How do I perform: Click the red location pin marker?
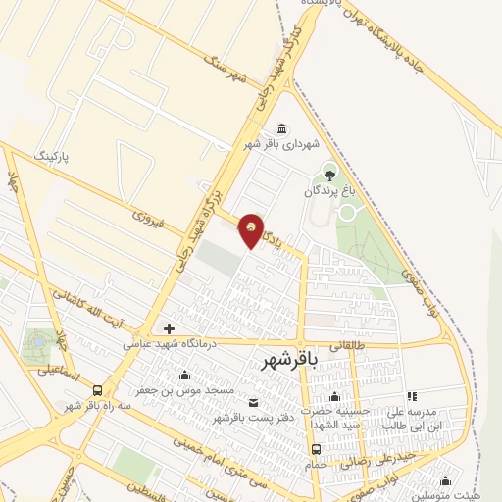point(252,229)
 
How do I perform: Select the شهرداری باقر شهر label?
point(282,144)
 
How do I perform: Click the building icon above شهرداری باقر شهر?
point(282,128)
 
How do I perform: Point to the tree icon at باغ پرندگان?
point(329,175)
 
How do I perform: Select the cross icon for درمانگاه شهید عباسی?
point(169,328)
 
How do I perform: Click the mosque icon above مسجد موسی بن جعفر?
point(185,375)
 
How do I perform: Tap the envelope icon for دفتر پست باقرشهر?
point(254,403)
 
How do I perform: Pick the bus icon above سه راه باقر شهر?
point(97,390)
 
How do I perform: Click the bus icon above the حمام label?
point(316,448)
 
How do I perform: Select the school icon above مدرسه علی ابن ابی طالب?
point(412,397)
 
